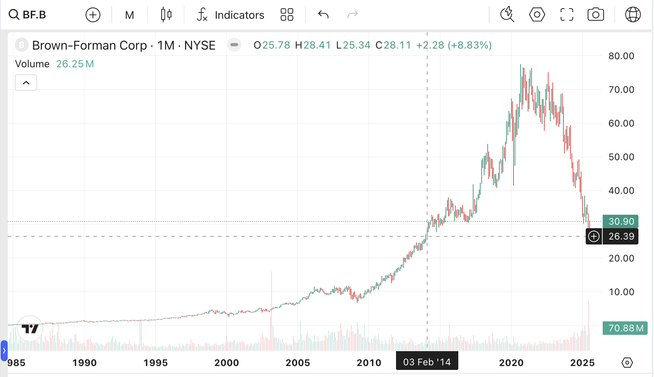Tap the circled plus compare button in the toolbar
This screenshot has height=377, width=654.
click(x=93, y=15)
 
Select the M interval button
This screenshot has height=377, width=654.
click(x=130, y=15)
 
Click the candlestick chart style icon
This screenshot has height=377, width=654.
click(x=166, y=15)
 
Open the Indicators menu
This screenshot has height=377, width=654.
click(x=230, y=15)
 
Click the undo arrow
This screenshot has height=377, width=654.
click(x=323, y=15)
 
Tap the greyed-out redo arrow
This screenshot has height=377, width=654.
click(x=353, y=15)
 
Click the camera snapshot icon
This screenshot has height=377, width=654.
click(x=596, y=15)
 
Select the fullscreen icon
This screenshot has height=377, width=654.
click(x=567, y=15)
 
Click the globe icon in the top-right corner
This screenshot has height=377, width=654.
click(x=633, y=15)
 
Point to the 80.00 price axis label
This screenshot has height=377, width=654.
click(x=621, y=56)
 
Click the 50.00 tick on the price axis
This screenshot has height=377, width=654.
click(x=621, y=157)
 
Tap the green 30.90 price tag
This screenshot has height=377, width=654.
click(x=621, y=221)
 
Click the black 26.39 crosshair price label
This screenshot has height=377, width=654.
click(x=621, y=236)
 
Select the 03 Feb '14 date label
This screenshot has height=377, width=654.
click(x=427, y=362)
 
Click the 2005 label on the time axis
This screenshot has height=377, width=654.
click(x=298, y=363)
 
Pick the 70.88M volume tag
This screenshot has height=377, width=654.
click(x=625, y=328)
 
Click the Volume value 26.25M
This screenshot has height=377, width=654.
click(x=75, y=64)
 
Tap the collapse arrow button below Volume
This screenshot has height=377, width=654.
click(x=26, y=83)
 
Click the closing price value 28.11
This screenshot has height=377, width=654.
click(x=397, y=45)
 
